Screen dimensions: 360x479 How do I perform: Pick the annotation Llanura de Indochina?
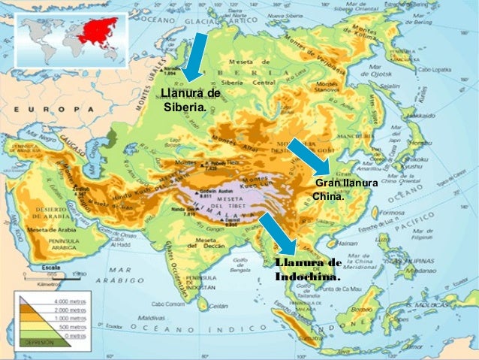[308, 269]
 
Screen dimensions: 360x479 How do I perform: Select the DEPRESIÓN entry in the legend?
[40, 341]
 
